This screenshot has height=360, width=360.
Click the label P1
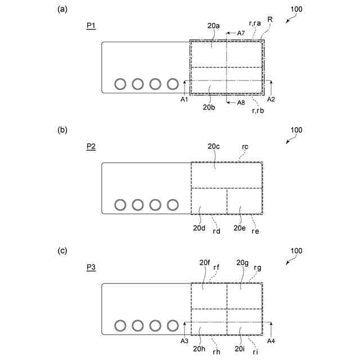pyautogui.click(x=91, y=26)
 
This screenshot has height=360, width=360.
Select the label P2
pyautogui.click(x=91, y=147)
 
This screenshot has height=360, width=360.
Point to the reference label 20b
pyautogui.click(x=209, y=107)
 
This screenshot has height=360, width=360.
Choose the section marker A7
pyautogui.click(x=240, y=33)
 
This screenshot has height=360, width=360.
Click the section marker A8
pyautogui.click(x=241, y=102)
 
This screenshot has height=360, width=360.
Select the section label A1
pyautogui.click(x=184, y=100)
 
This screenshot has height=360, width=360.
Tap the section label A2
pyautogui.click(x=271, y=100)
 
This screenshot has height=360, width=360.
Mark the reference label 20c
pyautogui.click(x=213, y=146)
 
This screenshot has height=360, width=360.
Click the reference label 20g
pyautogui.click(x=242, y=262)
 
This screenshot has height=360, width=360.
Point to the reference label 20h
pyautogui.click(x=199, y=349)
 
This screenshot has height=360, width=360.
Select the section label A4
pyautogui.click(x=271, y=341)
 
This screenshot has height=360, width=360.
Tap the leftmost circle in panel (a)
pyautogui.click(x=120, y=84)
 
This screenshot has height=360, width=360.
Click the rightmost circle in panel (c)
pyautogui.click(x=173, y=326)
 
